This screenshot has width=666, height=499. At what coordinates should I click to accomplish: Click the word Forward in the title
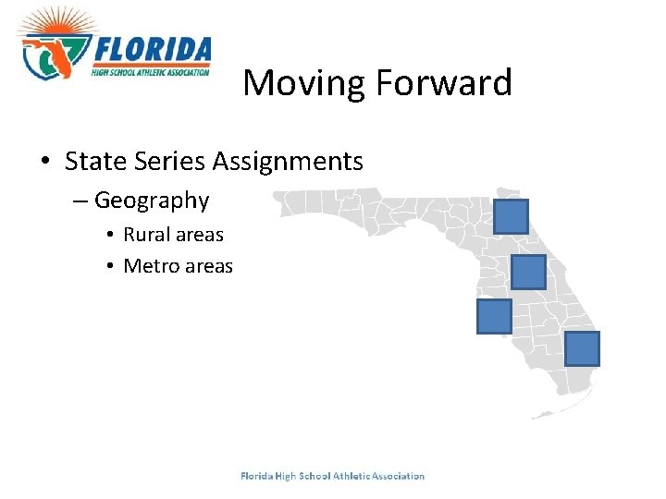click(443, 83)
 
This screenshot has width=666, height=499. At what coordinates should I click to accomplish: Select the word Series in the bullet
click(164, 162)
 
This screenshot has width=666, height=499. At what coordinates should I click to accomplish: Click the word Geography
click(152, 201)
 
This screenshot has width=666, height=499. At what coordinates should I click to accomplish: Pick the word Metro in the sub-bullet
click(151, 267)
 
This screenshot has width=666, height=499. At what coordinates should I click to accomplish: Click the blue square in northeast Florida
click(512, 216)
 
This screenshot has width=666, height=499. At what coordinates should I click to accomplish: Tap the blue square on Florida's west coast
click(494, 316)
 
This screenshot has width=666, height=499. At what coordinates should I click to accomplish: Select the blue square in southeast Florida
click(583, 348)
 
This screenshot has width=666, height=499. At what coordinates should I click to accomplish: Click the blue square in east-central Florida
click(528, 273)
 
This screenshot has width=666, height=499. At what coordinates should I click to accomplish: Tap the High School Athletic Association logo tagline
click(151, 70)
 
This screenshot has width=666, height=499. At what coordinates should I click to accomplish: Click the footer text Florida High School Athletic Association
click(332, 477)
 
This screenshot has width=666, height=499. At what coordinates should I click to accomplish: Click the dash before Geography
click(80, 201)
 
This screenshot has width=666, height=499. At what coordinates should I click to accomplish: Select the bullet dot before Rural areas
click(109, 236)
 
